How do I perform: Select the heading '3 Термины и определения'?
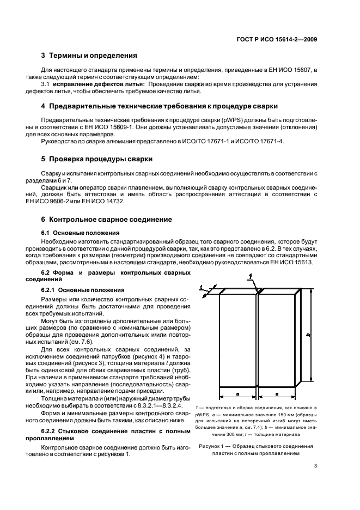point(89,56)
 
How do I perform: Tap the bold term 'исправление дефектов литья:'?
point(98,84)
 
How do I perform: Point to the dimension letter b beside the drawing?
point(308,336)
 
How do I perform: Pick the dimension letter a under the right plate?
point(277,392)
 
